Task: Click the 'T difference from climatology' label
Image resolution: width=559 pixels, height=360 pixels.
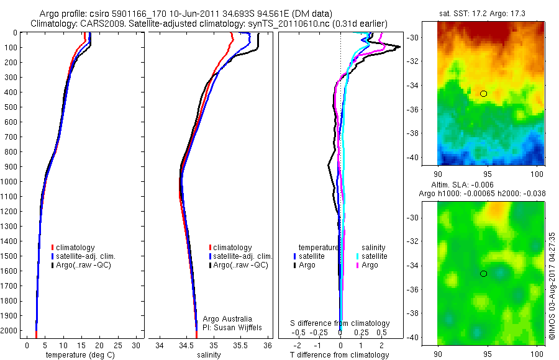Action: click(x=340, y=355)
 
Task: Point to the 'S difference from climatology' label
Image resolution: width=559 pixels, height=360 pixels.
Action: click(x=340, y=323)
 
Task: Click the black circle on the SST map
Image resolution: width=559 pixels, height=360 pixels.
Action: click(x=484, y=94)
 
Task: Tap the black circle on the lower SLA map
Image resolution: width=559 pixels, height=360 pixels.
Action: click(x=484, y=274)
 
